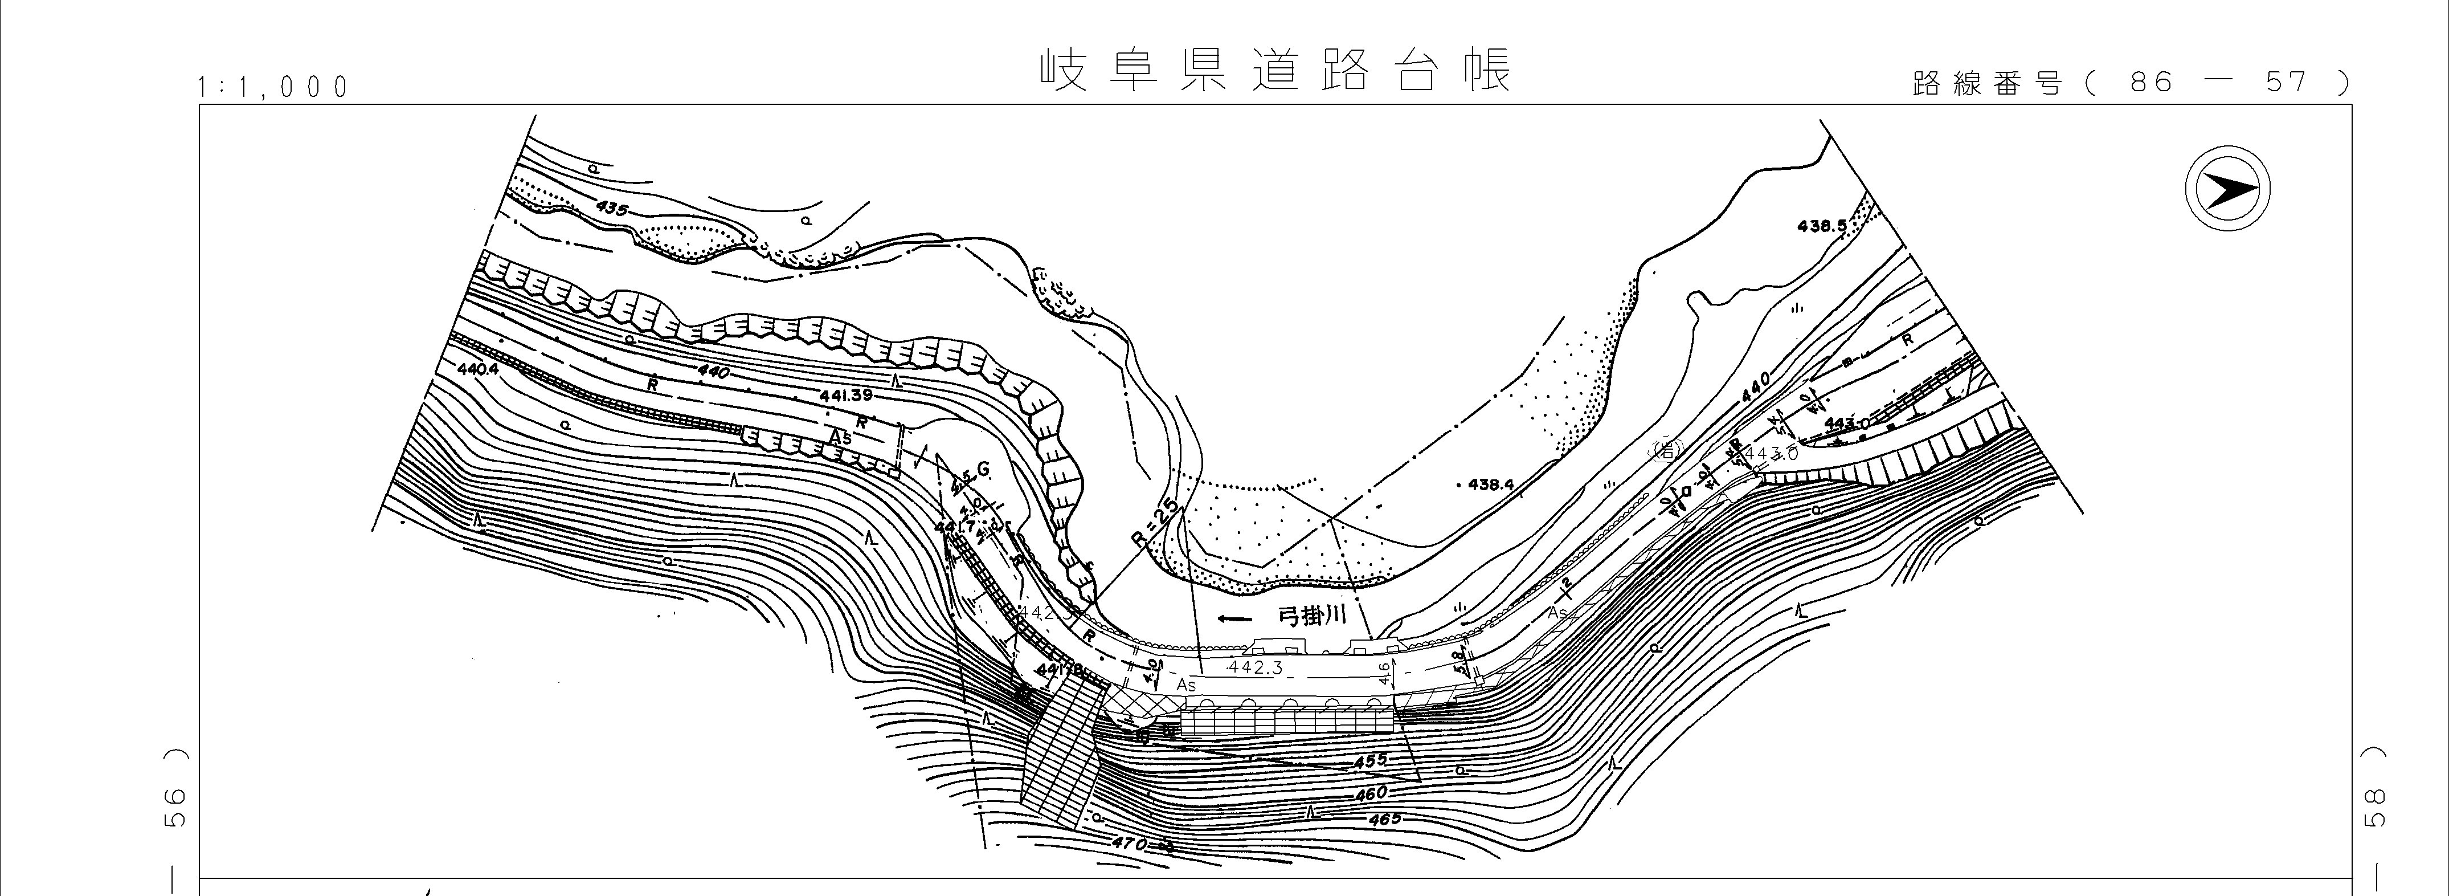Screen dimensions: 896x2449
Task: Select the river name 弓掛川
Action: (1313, 616)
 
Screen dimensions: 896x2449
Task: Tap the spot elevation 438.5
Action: (1822, 226)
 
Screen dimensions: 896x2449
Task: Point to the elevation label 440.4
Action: (477, 369)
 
